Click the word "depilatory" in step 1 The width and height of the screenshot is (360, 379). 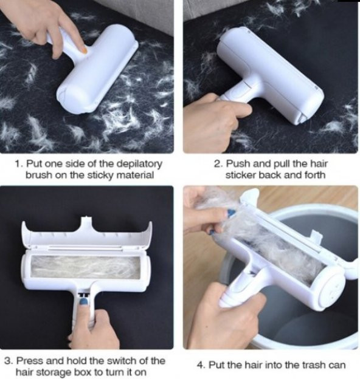(139, 165)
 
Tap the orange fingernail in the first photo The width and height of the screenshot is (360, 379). (83, 50)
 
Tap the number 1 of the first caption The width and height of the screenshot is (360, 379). (19, 163)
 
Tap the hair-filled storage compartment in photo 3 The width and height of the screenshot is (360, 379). (86, 267)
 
